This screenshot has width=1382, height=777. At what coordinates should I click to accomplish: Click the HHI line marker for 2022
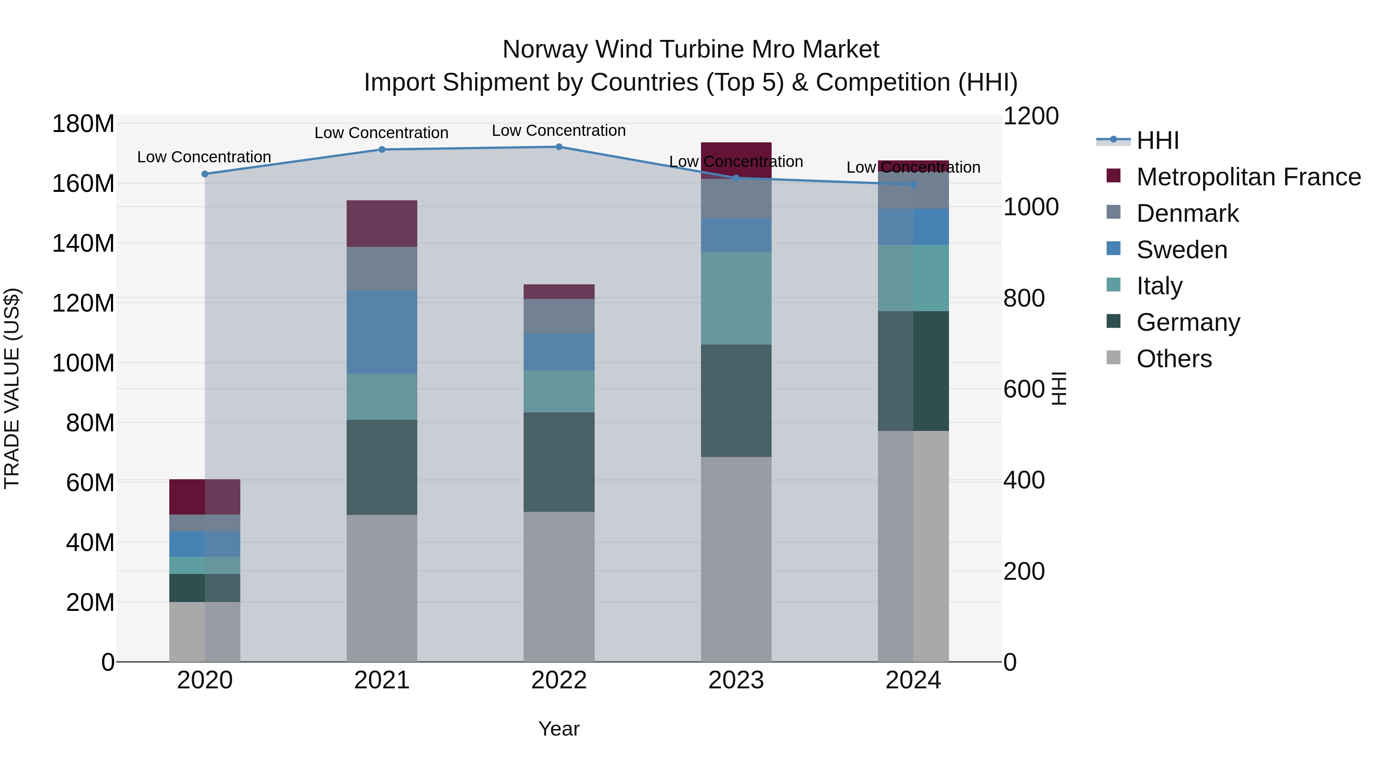tap(559, 147)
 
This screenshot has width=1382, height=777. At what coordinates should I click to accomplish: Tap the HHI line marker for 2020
tap(204, 174)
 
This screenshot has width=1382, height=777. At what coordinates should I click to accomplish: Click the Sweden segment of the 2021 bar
tap(382, 332)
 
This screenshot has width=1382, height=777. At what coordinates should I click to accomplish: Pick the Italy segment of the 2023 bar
tap(736, 298)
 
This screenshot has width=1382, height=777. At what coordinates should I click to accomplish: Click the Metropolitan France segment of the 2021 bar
tap(382, 224)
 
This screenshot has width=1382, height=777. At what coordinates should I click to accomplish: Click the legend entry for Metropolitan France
tap(1248, 177)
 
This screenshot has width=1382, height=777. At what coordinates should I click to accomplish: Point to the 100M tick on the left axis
tap(83, 363)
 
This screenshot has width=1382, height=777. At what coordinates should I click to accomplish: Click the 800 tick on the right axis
tap(1023, 298)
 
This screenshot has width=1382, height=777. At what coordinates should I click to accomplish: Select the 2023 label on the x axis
tap(736, 680)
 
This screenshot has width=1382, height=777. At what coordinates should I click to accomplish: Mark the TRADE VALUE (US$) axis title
tap(12, 388)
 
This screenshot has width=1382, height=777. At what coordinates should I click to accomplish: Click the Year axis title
tap(559, 729)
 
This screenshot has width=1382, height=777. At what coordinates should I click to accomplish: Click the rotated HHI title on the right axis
tap(1058, 388)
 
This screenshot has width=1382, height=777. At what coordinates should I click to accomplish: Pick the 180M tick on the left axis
tap(83, 124)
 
